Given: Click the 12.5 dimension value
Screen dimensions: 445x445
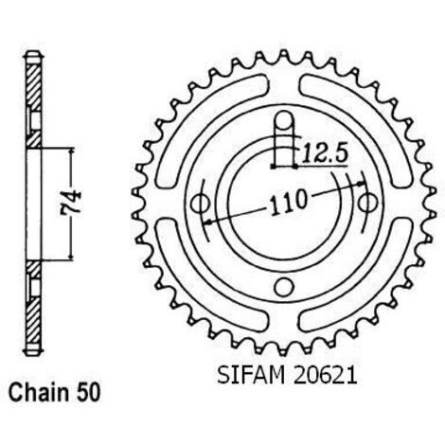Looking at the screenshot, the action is pos(325,154).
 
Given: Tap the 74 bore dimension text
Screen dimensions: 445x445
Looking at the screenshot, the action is pos(71,204).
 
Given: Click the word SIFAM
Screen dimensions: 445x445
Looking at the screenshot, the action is pos(251,375).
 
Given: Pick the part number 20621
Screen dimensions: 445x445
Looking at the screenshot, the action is pos(325,375).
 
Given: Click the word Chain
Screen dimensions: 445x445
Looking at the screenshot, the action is pos(38,393).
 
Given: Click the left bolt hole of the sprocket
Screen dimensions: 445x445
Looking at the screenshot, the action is pos(201,204).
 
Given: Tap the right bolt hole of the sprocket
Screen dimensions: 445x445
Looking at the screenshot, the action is pos(368,204).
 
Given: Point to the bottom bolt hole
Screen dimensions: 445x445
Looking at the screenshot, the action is pos(284,287).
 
